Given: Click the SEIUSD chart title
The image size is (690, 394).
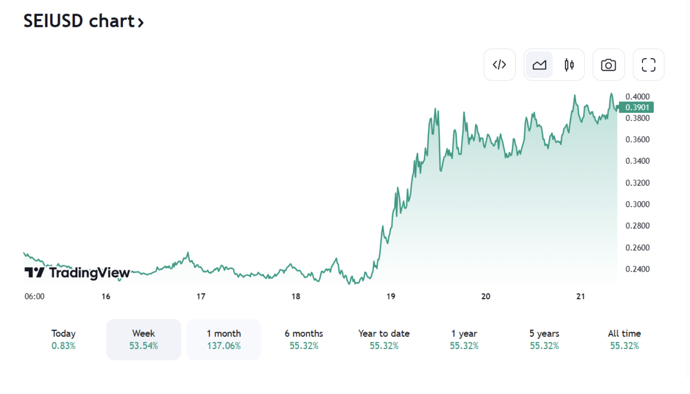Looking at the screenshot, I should (x=83, y=21).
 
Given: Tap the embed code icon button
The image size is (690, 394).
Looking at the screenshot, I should (x=499, y=65).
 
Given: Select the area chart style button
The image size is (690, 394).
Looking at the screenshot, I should (x=539, y=65).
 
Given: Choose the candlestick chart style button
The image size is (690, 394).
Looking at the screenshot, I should (x=569, y=65).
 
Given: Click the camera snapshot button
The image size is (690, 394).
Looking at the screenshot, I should (x=609, y=65).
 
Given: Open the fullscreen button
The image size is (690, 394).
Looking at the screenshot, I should (x=649, y=65).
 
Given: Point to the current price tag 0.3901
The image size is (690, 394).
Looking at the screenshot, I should (x=637, y=107).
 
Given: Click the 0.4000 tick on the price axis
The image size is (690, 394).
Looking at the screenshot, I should (x=637, y=96).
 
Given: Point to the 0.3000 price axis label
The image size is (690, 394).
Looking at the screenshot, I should (x=637, y=204).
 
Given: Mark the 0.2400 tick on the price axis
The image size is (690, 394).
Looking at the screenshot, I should (x=637, y=269).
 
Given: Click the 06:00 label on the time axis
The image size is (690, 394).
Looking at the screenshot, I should (x=35, y=297).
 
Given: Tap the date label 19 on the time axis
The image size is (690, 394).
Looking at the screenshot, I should (x=391, y=297).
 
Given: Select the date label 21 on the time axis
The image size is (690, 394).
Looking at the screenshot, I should (x=580, y=297).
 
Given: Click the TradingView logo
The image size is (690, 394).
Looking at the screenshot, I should (x=77, y=273).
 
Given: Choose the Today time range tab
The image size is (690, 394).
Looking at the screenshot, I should (x=63, y=339).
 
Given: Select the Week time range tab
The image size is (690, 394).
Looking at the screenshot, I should (x=143, y=339).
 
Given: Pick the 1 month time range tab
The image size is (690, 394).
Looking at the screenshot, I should (x=223, y=339).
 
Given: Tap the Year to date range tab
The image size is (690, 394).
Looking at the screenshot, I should (x=384, y=339).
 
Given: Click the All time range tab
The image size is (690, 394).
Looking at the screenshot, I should (x=624, y=339).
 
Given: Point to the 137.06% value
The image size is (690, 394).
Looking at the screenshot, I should (x=223, y=346).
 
